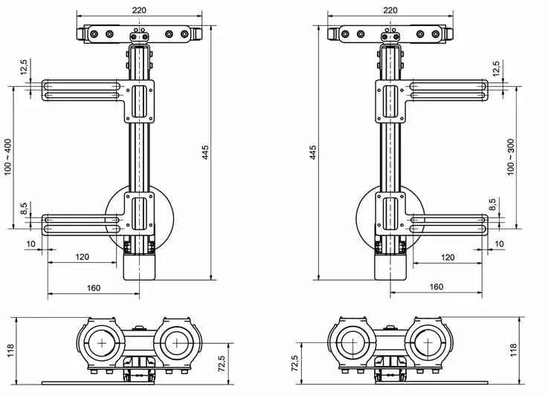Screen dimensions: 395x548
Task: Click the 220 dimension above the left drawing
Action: (x=139, y=10)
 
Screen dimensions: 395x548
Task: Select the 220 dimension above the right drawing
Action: (x=390, y=10)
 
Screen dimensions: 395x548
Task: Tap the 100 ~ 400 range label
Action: (x=7, y=157)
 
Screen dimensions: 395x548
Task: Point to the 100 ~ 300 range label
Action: (x=510, y=157)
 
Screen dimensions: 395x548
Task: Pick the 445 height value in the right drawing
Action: (x=313, y=153)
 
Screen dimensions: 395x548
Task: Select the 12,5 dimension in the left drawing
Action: (x=23, y=68)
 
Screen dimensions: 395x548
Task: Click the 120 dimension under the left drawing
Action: (x=82, y=257)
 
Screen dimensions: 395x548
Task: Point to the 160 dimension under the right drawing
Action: (x=436, y=287)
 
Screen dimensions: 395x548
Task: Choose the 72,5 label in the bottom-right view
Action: (x=294, y=363)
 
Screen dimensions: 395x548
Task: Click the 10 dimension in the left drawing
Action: (x=30, y=244)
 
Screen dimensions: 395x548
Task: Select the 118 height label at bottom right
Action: (x=513, y=350)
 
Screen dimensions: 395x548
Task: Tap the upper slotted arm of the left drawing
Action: (x=81, y=89)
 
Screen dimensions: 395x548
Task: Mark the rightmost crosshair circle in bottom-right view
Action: (x=427, y=343)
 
